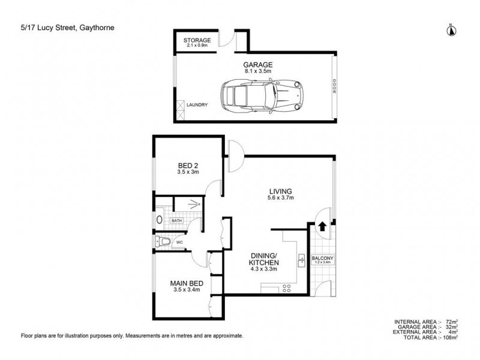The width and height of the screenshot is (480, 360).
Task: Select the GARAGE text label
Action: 257,64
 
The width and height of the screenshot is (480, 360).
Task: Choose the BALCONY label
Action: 323,259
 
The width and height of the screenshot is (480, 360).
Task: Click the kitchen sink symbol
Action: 300,261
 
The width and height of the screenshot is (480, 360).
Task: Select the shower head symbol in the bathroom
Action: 193,204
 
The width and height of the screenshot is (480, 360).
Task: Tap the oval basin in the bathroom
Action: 160,220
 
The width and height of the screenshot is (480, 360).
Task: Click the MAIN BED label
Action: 187,283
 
